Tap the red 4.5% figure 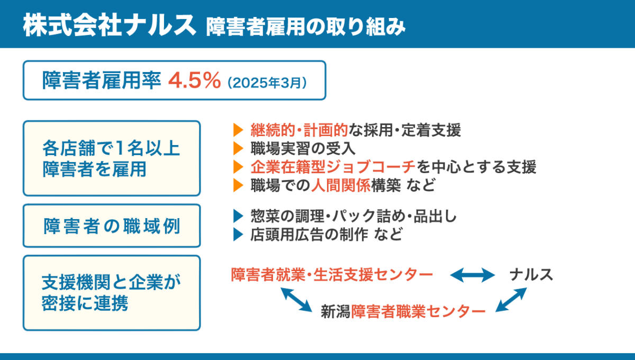point(194,80)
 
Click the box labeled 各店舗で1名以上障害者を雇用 point(111,158)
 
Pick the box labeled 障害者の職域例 point(111,226)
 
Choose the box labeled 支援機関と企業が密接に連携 point(111,293)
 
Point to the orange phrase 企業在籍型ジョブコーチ point(333,167)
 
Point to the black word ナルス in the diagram point(531,274)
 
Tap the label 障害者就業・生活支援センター point(332,274)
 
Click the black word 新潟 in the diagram point(335,311)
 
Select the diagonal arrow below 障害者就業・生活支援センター point(296,299)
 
